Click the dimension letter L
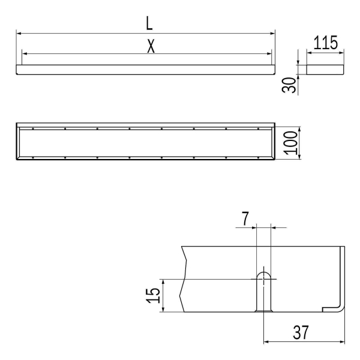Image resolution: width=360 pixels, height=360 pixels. (x=149, y=23)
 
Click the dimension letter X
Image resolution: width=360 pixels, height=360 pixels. (x=151, y=46)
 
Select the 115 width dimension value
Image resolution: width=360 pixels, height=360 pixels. (x=325, y=43)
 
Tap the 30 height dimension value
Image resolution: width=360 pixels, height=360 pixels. (x=289, y=85)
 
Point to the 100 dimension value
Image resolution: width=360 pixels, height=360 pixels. (x=290, y=143)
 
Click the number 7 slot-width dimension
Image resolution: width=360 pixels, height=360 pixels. (x=245, y=218)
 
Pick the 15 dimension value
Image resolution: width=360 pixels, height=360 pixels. (x=152, y=295)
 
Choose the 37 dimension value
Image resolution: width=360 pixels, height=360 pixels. (x=301, y=332)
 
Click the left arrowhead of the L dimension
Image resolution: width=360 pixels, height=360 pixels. (x=19, y=34)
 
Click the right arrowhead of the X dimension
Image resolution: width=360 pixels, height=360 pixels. (x=269, y=54)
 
